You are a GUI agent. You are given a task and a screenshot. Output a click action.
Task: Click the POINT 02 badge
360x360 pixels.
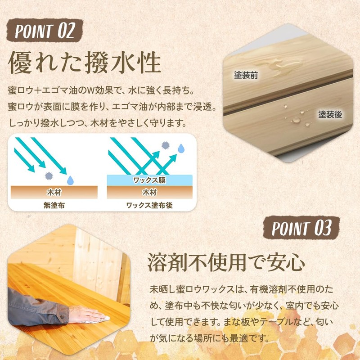click(45, 31)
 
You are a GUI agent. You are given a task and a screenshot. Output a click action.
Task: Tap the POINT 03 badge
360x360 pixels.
click(301, 228)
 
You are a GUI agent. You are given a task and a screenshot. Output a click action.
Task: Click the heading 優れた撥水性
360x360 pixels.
click(85, 63)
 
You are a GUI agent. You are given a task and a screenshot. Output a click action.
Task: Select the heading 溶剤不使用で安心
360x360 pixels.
click(226, 262)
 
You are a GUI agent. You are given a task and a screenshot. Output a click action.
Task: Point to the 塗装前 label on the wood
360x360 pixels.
click(246, 75)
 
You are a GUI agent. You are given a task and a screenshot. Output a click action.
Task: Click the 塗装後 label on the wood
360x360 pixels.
click(330, 114)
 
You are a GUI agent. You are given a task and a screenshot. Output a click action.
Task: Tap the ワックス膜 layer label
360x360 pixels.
click(149, 180)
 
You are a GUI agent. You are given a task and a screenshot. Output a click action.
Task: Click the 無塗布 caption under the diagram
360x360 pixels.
click(54, 205)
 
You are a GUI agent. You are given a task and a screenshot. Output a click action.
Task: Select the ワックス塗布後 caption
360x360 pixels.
click(149, 205)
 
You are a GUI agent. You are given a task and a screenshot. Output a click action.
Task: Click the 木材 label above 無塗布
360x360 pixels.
click(54, 192)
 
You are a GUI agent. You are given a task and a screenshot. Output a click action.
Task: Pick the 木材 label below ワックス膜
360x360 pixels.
click(149, 192)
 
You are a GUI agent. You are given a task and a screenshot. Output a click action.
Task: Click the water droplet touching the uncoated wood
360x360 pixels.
click(70, 180)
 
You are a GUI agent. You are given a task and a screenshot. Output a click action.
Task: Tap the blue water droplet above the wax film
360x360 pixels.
click(181, 148)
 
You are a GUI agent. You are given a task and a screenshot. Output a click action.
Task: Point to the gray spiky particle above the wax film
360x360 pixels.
click(165, 145)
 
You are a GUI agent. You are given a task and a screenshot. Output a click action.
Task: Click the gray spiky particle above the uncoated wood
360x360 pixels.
click(49, 176)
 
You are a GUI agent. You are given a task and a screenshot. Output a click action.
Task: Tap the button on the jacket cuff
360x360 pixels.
click(62, 317)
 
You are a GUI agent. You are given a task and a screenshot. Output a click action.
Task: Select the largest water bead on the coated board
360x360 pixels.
click(296, 120)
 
